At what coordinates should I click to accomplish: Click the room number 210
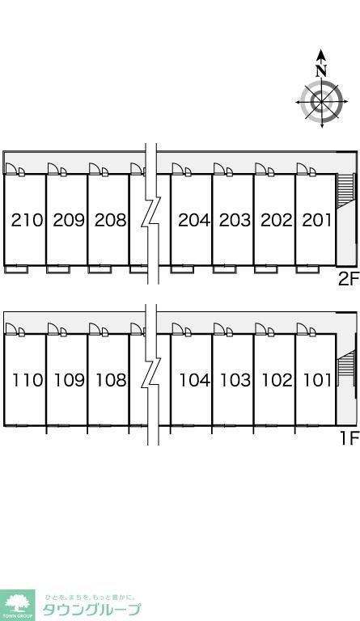27,220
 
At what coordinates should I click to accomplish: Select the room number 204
194,220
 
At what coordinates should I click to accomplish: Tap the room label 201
317,220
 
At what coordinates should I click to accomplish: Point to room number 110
28,380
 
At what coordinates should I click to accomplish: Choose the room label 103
235,380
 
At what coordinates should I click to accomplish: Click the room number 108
111,380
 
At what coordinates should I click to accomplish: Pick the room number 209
69,220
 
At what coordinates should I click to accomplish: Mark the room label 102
277,380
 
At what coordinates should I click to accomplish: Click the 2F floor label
348,280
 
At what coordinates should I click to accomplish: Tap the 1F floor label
349,438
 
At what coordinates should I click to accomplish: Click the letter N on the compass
321,70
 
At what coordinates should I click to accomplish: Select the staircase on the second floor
345,191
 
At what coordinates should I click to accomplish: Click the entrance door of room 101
303,329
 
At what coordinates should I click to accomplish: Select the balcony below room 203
225,269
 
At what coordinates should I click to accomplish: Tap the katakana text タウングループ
91,610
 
